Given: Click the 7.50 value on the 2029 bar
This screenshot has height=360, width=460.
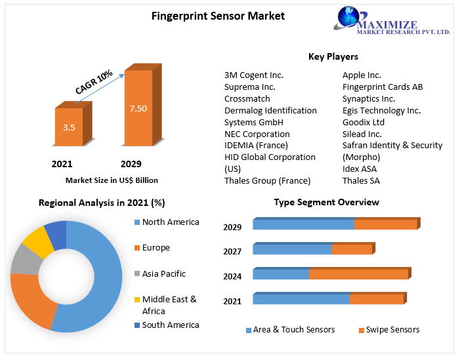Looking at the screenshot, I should pos(138,108).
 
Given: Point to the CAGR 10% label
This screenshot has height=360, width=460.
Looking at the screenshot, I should pos(94,82).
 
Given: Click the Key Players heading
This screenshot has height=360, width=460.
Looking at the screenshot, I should pos(333,57).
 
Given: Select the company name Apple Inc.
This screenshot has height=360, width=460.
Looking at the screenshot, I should pos(362,75).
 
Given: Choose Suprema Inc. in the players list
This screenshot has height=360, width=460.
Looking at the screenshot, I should pos(250,87).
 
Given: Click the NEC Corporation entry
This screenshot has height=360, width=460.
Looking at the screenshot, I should pos(257,134).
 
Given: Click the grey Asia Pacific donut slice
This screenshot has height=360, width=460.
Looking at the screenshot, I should pos(26,258).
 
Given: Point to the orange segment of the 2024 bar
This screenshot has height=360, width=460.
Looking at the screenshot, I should pos(358,274).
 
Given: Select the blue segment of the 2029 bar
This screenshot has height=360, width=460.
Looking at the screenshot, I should pos(303,224).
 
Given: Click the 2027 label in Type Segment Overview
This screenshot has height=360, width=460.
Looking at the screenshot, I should pos(232,251).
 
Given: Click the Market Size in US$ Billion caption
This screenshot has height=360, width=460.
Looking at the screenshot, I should pos(112,180).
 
